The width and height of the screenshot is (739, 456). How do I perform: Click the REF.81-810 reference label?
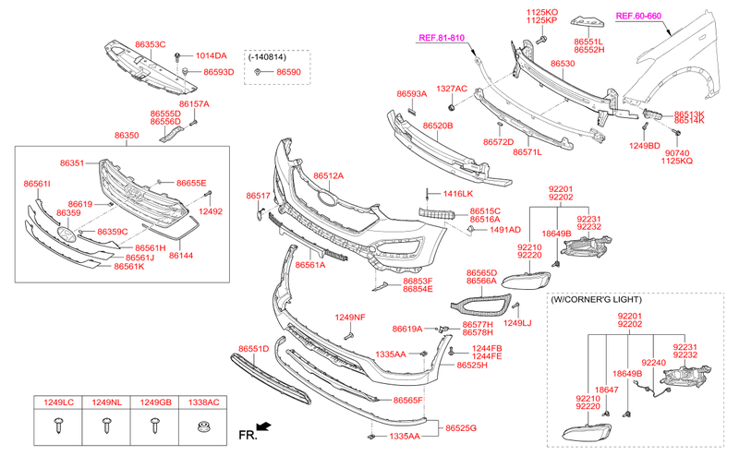(x=442, y=38)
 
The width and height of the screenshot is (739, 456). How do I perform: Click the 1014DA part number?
(x=210, y=55)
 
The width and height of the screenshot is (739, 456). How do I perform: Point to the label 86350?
(x=127, y=135)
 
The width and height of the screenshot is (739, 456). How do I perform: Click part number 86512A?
(x=328, y=175)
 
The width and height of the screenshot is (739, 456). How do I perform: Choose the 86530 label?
(x=563, y=64)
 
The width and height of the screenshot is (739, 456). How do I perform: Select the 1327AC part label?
(x=452, y=89)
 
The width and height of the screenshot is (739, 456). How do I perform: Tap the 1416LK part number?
(x=457, y=194)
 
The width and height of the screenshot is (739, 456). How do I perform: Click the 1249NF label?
(x=350, y=318)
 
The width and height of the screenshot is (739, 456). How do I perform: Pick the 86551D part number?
(x=253, y=349)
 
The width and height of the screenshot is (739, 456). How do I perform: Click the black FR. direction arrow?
(x=265, y=426)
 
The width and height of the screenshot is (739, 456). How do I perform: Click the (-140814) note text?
(x=268, y=56)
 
